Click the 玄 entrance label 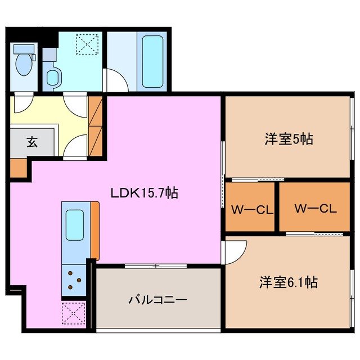(31, 142)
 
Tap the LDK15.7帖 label (144, 193)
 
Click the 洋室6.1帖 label (288, 282)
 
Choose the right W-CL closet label (314, 208)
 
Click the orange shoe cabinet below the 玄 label (19, 168)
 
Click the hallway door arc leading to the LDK (75, 147)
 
